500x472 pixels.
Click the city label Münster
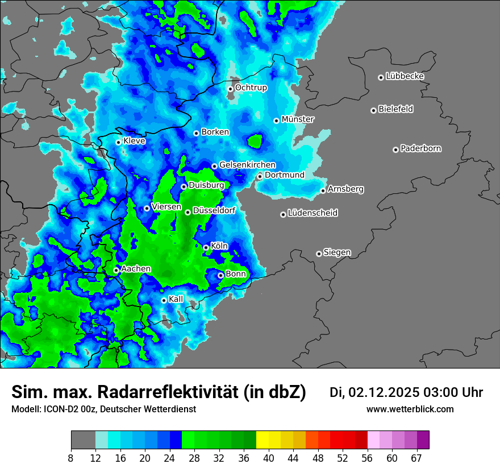tap(298, 119)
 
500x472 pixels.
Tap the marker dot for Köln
tap(206, 247)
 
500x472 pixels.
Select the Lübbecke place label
tap(405, 76)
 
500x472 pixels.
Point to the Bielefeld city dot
tap(373, 110)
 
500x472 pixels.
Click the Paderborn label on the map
tap(420, 148)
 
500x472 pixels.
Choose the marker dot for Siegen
tap(319, 254)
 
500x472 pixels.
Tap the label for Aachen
tap(136, 269)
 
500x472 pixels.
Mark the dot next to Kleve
tap(118, 142)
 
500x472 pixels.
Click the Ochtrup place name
tap(251, 88)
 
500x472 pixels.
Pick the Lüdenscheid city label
tap(312, 213)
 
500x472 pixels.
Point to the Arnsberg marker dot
tap(323, 191)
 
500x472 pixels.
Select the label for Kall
tap(176, 299)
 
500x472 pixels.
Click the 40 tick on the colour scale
tap(269, 458)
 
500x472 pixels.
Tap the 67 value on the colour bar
tap(416, 458)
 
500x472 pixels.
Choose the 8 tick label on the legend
tap(71, 458)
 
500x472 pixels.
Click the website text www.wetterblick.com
tap(410, 409)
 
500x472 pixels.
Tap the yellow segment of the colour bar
tap(262, 440)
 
